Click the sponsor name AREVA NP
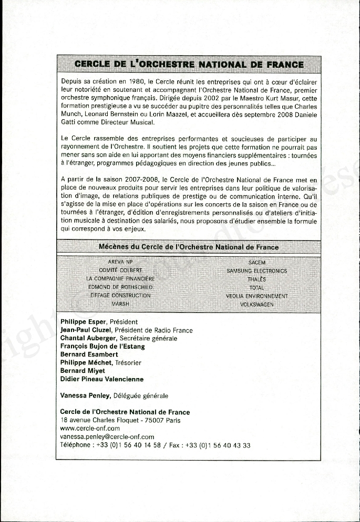click(120, 262)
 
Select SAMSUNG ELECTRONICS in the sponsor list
click(257, 271)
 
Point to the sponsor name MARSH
click(120, 304)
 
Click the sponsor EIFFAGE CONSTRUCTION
click(120, 296)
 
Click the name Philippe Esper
click(84, 322)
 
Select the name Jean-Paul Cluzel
click(86, 330)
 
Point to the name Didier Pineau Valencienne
click(101, 379)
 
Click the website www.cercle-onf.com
click(90, 429)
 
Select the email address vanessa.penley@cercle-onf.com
click(107, 437)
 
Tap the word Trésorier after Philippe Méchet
click(128, 363)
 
